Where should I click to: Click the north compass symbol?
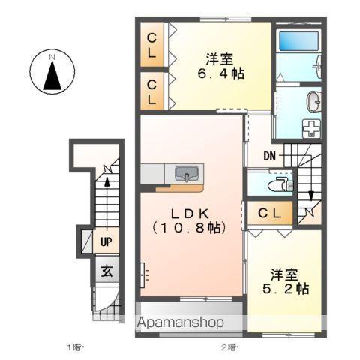point(52,72)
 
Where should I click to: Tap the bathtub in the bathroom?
point(298,40)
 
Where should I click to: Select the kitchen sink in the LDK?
point(186,173)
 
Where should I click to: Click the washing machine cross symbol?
point(311,128)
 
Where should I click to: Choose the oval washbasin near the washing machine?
point(313,102)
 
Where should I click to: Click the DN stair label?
point(270,157)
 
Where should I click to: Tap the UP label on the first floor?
point(106,242)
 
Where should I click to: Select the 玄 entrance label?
point(106,271)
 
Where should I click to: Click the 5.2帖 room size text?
point(286,289)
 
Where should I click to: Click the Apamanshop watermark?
point(180,322)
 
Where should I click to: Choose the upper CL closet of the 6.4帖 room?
point(151,45)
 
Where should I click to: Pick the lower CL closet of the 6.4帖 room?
point(151,91)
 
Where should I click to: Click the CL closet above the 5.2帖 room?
point(270,213)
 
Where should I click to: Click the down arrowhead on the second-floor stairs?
point(311,196)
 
